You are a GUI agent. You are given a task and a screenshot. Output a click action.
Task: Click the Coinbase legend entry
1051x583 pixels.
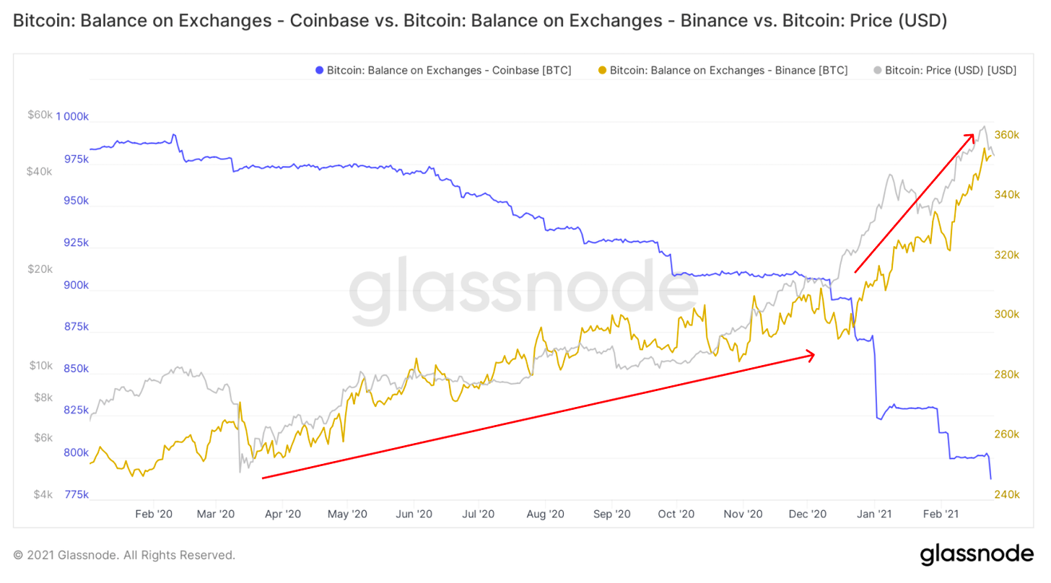click(x=443, y=70)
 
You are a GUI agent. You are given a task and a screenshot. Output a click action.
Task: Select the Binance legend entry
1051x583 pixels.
click(x=723, y=70)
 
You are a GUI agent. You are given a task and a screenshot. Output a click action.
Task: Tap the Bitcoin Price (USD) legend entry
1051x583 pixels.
click(x=945, y=70)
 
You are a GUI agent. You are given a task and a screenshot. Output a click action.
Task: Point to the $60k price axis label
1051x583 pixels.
click(x=40, y=115)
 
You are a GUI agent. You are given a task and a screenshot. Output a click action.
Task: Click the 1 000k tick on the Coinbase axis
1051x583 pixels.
click(x=71, y=117)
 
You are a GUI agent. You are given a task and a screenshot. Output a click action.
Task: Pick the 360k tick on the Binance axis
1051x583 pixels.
click(x=1006, y=135)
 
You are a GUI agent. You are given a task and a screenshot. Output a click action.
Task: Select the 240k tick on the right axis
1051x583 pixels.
click(x=1006, y=494)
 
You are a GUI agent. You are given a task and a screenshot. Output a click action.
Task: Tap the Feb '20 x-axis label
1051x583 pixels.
click(x=154, y=514)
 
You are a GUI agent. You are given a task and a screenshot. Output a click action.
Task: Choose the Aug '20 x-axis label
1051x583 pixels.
click(x=546, y=514)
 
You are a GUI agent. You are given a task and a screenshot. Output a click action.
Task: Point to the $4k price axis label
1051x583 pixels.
click(x=43, y=494)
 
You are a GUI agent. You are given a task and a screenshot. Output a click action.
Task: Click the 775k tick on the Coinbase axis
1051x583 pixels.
click(x=75, y=494)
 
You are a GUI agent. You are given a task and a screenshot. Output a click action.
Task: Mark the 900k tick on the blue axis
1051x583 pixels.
click(x=75, y=285)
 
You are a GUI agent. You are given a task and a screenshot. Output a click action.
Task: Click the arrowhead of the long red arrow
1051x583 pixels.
click(x=812, y=354)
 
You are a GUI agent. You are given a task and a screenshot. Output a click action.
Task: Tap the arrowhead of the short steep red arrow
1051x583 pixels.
click(x=972, y=135)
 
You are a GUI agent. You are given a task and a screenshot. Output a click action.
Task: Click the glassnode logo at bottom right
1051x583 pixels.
click(x=976, y=554)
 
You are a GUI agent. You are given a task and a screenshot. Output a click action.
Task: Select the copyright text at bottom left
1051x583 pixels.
click(x=124, y=555)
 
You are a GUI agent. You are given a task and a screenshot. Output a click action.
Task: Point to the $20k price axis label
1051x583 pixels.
click(x=40, y=269)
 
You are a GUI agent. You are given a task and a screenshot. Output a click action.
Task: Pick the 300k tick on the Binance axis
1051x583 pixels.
click(x=1006, y=315)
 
